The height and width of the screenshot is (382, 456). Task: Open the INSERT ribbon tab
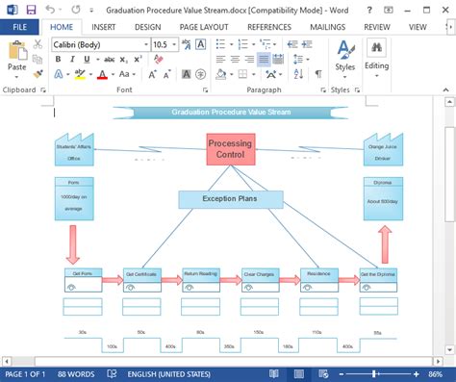[104, 27]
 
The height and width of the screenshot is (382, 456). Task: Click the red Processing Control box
[231, 149]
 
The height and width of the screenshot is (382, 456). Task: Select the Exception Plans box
[230, 199]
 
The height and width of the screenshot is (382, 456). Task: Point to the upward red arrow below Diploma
[385, 242]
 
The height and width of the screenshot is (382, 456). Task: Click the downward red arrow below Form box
[72, 243]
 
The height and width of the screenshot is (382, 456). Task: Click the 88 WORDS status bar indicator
[75, 374]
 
